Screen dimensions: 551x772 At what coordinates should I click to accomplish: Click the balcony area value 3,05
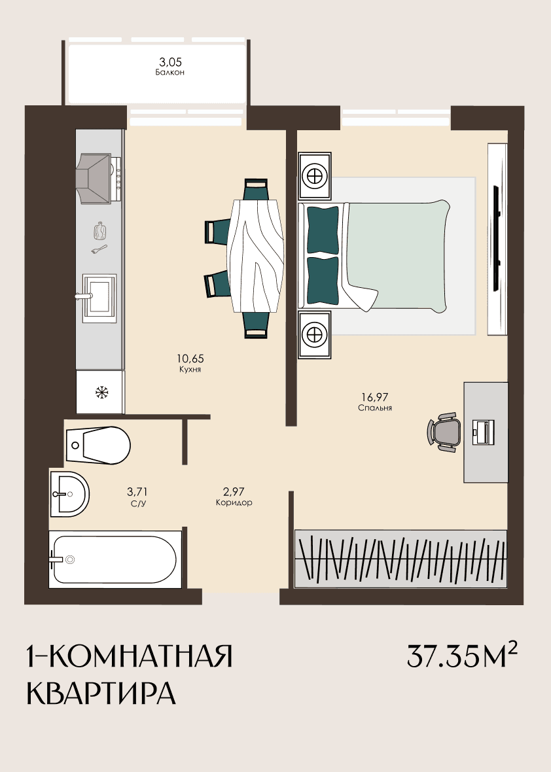click(170, 62)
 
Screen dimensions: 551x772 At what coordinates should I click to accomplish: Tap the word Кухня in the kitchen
click(190, 369)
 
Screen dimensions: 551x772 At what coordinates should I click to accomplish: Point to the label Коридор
click(234, 502)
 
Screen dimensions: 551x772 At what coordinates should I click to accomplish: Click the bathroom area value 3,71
click(137, 491)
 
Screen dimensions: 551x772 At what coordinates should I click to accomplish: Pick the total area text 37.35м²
click(462, 656)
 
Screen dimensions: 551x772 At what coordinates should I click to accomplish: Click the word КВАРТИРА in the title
click(101, 693)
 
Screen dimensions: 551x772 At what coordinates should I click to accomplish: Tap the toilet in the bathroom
click(98, 445)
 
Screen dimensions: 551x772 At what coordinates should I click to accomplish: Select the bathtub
click(115, 559)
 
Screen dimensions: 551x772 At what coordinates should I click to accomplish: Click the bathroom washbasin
click(69, 494)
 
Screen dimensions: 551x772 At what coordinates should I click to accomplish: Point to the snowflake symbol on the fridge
click(102, 393)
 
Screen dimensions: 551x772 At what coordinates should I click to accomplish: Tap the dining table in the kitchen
click(257, 255)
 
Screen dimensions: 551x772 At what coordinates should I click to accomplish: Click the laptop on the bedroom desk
click(483, 432)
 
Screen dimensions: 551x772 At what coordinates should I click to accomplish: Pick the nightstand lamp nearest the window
click(314, 175)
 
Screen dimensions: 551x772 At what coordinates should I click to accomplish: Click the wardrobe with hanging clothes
click(400, 559)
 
